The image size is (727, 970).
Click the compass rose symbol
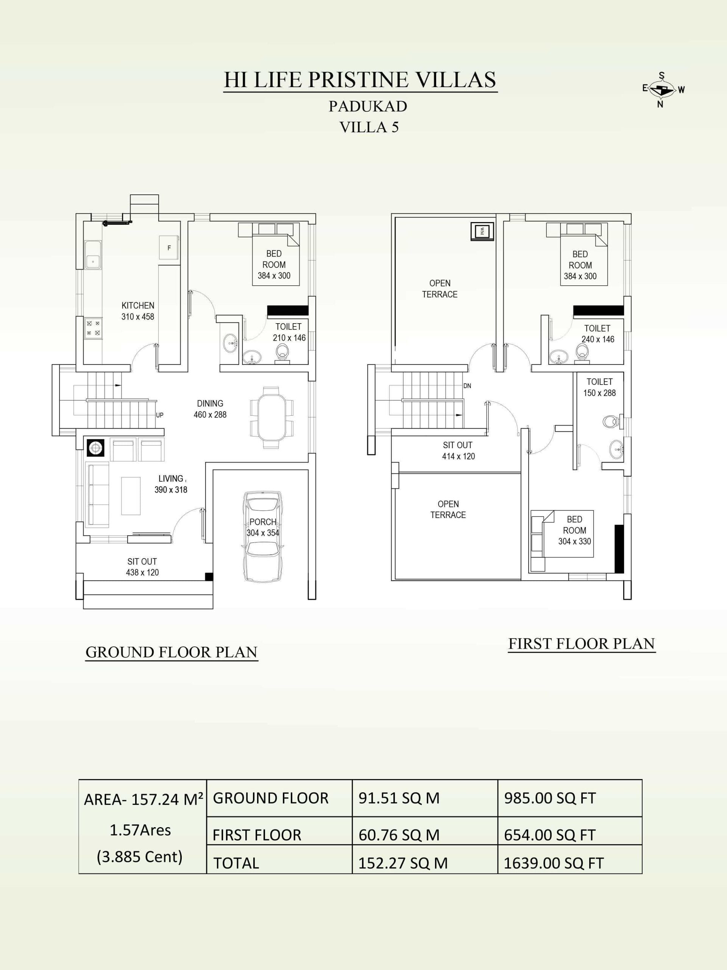[663, 90]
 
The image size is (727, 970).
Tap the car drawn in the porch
[262, 537]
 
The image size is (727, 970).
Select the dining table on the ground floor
[272, 418]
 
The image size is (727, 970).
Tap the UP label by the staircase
[159, 415]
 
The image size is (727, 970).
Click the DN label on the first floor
[467, 386]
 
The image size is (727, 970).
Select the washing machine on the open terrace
[482, 231]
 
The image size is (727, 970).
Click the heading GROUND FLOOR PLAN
[172, 652]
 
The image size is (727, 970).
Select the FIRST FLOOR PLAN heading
[582, 644]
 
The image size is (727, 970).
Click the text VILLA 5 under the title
[369, 127]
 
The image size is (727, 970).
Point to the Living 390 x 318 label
[171, 484]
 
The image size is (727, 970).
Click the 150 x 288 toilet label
[599, 393]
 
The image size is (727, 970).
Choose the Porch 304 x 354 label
[263, 527]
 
